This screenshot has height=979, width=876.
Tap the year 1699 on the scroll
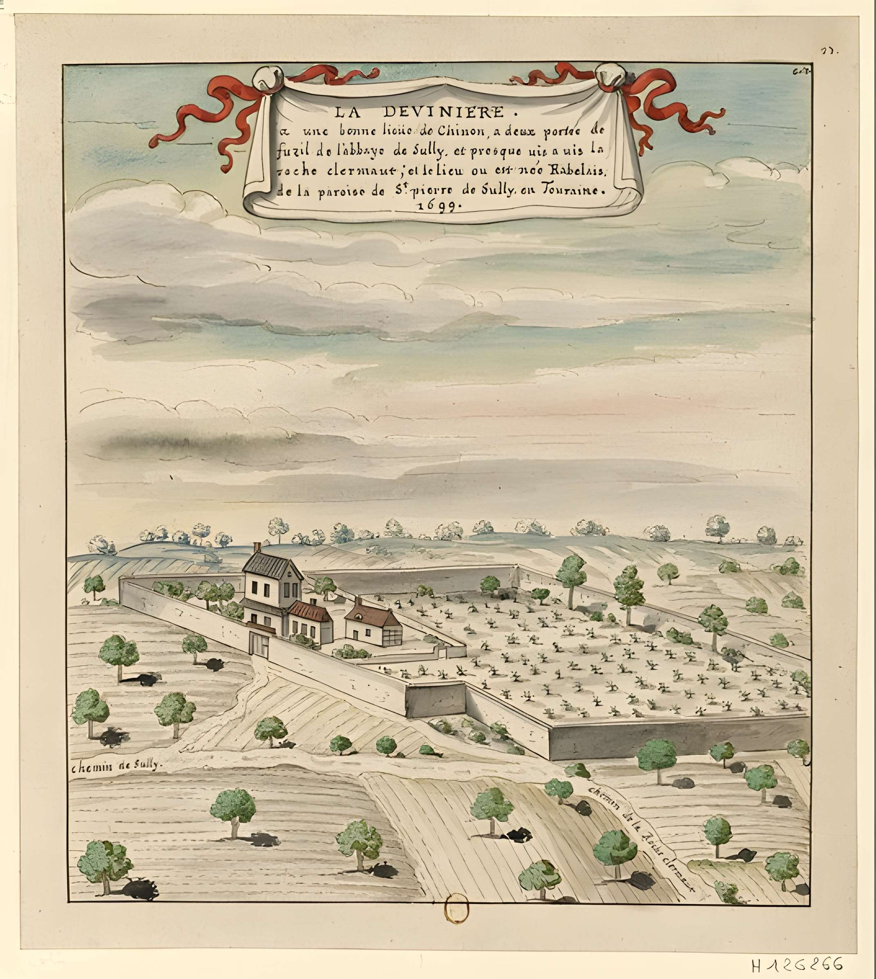coord(438,206)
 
